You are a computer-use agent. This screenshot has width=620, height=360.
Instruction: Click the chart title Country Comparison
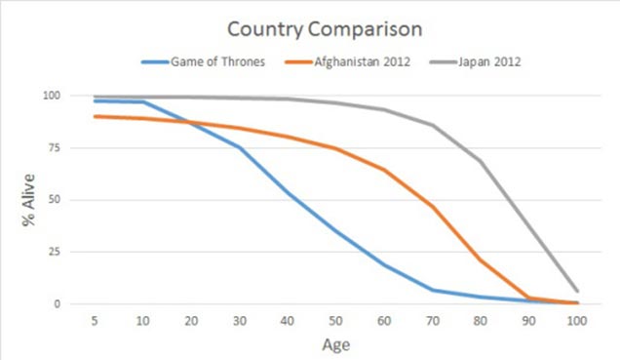click(310, 28)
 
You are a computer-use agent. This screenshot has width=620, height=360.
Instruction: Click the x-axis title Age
click(337, 343)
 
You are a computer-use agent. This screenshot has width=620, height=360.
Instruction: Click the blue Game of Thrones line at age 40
click(289, 193)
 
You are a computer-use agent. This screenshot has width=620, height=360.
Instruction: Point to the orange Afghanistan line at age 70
click(432, 207)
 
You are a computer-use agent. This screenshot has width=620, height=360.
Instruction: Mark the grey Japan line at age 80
click(481, 161)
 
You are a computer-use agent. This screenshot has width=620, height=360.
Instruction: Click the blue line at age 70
click(432, 290)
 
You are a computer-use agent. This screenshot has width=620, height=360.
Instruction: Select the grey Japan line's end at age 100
click(576, 291)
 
